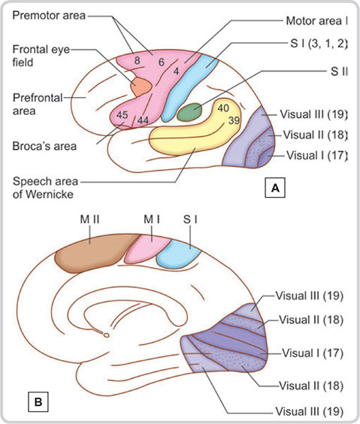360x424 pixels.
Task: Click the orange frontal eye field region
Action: pos(141,86)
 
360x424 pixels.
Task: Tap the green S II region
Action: pos(189,112)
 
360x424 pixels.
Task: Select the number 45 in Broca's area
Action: pos(122,115)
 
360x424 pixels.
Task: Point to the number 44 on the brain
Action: pos(143,120)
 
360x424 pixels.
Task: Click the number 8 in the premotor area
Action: pos(138,61)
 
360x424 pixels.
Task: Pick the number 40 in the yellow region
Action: pos(223,108)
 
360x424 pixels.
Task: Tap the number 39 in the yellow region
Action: pos(234,120)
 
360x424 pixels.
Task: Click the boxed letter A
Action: pos(275,187)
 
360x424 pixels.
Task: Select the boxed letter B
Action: pos(38,401)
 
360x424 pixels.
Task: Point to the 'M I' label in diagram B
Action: pos(152,220)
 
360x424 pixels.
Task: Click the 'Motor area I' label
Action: pos(316,21)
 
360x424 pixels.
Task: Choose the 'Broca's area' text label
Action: pos(44,146)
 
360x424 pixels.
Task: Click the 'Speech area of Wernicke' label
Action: pos(45,188)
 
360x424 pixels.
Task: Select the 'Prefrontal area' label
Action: pos(38,104)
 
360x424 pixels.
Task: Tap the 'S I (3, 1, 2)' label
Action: pos(319,44)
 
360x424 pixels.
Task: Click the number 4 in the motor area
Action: pos(176,71)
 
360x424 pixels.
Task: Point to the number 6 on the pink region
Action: pos(162,62)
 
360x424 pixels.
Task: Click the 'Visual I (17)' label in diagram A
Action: pos(316,155)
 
